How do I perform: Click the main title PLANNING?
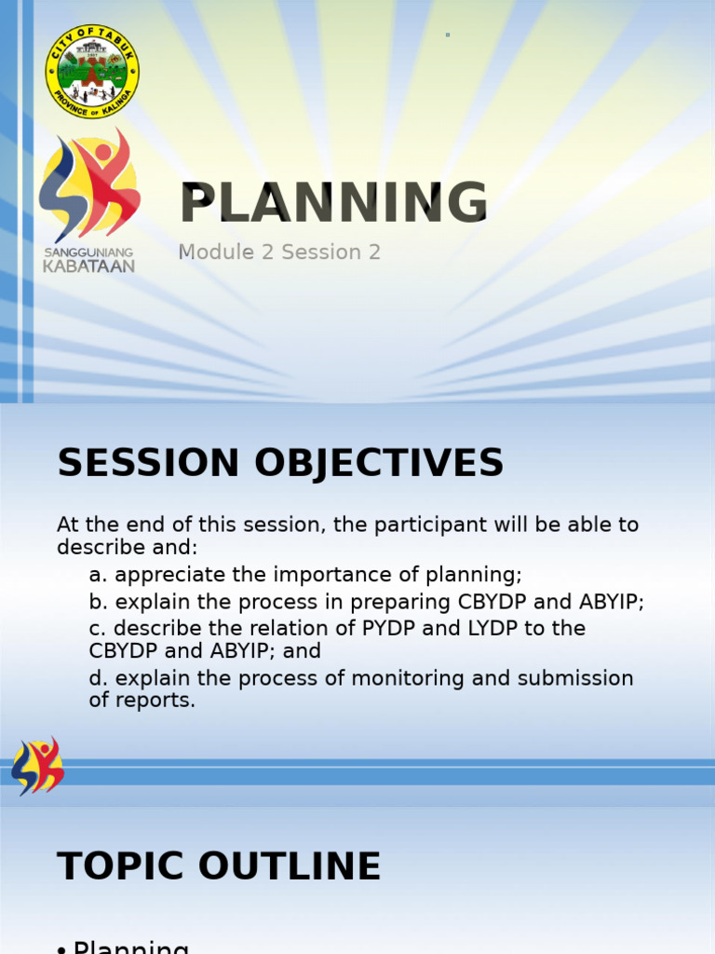pyautogui.click(x=333, y=203)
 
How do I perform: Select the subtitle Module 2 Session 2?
pyautogui.click(x=279, y=252)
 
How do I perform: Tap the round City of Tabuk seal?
pyautogui.click(x=92, y=72)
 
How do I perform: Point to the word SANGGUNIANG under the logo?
pyautogui.click(x=88, y=252)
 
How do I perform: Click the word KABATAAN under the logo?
pyautogui.click(x=88, y=266)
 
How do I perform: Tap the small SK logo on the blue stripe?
pyautogui.click(x=37, y=766)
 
